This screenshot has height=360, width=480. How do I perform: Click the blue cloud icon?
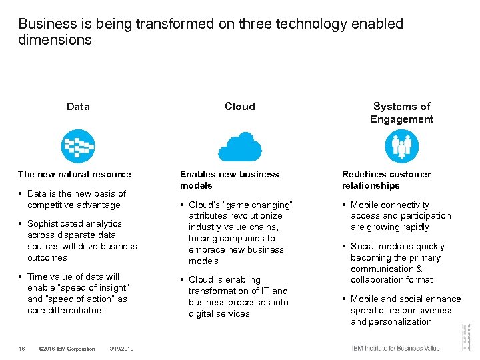(x=239, y=146)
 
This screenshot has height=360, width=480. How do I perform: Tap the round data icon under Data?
(x=78, y=146)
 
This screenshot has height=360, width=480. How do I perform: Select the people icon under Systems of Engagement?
(x=402, y=146)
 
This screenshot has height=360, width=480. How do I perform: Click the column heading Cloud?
(x=239, y=107)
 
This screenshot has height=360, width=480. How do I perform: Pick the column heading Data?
(x=78, y=107)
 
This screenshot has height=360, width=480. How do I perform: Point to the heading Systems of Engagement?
(x=402, y=113)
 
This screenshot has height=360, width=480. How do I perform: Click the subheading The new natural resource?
(x=74, y=175)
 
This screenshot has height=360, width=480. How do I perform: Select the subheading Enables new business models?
(x=229, y=180)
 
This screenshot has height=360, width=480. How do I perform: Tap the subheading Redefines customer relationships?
(x=387, y=180)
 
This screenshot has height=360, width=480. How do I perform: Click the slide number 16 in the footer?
(x=22, y=349)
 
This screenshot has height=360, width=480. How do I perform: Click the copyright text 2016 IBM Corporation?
(x=69, y=349)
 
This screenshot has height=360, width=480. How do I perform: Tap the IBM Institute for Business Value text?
(x=396, y=348)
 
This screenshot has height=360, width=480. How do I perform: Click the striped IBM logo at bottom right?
(x=465, y=337)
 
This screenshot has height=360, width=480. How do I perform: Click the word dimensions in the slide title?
(x=55, y=40)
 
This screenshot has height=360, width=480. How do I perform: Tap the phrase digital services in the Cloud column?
(x=219, y=313)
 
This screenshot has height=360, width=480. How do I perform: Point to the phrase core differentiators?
(x=65, y=310)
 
